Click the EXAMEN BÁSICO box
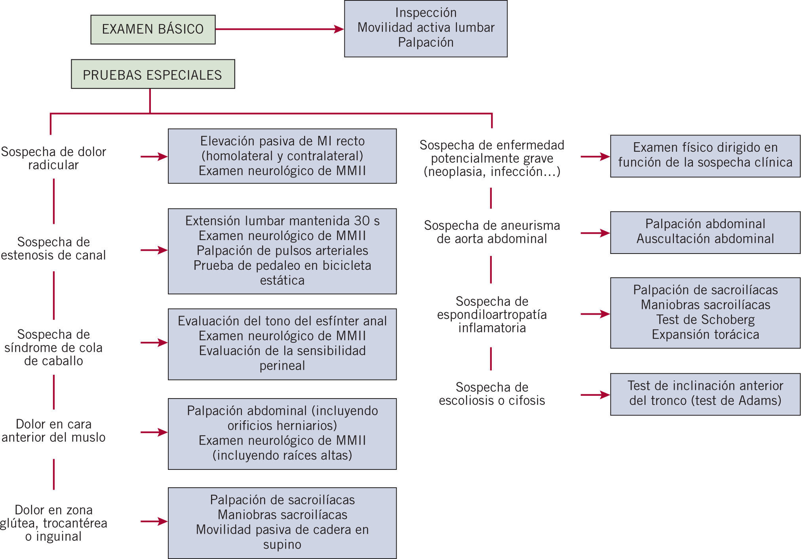pyautogui.click(x=153, y=29)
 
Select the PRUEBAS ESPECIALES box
pyautogui.click(x=153, y=74)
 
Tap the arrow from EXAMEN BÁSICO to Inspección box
pyautogui.click(x=280, y=29)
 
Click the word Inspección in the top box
pyautogui.click(x=426, y=13)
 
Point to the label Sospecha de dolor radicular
pyautogui.click(x=53, y=158)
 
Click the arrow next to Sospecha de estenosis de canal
pyautogui.click(x=154, y=250)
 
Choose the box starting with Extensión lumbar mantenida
pyautogui.click(x=282, y=251)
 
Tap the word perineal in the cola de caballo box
pyautogui.click(x=282, y=365)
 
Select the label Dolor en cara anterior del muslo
pyautogui.click(x=53, y=431)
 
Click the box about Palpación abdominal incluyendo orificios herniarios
pyautogui.click(x=282, y=434)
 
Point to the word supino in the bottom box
pyautogui.click(x=282, y=544)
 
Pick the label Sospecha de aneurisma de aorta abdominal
pyautogui.click(x=492, y=232)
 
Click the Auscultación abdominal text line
pyautogui.click(x=705, y=239)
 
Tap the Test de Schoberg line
pyautogui.click(x=705, y=320)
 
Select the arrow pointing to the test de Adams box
pyautogui.click(x=596, y=395)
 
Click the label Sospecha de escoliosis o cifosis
pyautogui.click(x=492, y=394)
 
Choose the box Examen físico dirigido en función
pyautogui.click(x=705, y=156)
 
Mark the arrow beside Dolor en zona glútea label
pyautogui.click(x=154, y=521)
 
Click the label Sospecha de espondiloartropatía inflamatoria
pyautogui.click(x=492, y=315)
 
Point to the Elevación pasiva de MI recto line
pyautogui.click(x=282, y=141)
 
